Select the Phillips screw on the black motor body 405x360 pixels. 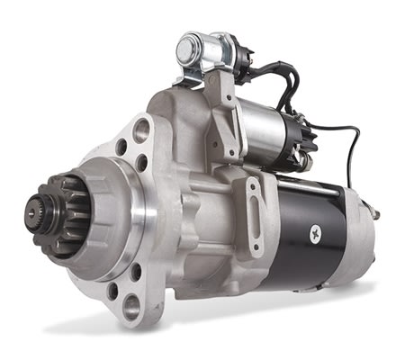point(314,233)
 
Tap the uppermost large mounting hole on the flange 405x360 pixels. point(140,130)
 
